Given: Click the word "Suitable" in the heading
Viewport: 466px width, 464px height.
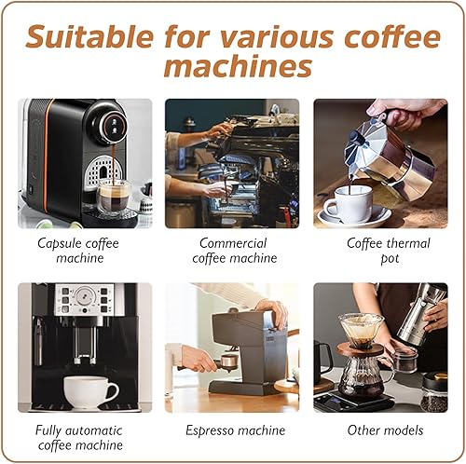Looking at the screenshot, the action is (89, 36).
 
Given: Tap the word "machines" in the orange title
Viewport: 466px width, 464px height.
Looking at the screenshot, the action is (238, 66).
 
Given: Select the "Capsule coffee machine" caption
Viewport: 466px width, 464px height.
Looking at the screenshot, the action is (78, 251).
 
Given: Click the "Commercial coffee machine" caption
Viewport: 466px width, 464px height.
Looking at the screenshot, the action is (234, 251).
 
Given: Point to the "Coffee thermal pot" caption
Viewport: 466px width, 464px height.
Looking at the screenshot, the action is (389, 251).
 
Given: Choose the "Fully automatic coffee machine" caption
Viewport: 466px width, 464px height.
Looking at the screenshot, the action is (79, 438).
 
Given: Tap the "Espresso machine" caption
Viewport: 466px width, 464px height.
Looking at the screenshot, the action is (235, 430).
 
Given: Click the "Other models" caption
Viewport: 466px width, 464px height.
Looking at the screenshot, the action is (385, 430).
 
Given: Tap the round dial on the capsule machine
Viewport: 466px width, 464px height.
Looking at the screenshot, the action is (114, 126).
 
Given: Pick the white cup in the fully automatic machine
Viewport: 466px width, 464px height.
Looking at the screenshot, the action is (90, 392).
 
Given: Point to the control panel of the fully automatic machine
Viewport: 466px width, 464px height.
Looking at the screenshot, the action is (85, 299).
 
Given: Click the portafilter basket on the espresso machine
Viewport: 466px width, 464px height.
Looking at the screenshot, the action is (229, 362).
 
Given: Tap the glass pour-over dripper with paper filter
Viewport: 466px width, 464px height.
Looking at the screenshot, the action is (362, 330).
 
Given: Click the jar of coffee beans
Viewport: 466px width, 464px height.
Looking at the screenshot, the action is (434, 393).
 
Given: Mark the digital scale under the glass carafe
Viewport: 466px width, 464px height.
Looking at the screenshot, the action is (351, 400).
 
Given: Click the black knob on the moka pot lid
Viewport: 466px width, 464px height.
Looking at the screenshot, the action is (354, 137).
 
